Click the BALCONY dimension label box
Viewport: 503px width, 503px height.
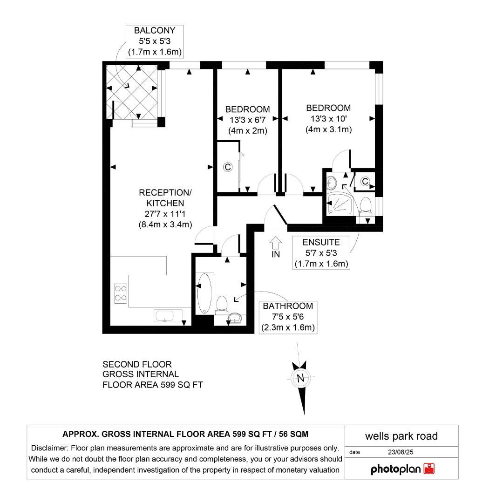pyautogui.click(x=155, y=41)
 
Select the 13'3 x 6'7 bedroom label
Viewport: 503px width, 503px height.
pyautogui.click(x=247, y=120)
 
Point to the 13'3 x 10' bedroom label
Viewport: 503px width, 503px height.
pyautogui.click(x=328, y=119)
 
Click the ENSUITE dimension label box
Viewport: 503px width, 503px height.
pyautogui.click(x=321, y=253)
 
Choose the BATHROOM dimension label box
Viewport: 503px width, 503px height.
pyautogui.click(x=287, y=317)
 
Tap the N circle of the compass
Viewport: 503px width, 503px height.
pyautogui.click(x=300, y=378)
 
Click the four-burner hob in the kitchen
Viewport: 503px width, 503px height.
pyautogui.click(x=121, y=293)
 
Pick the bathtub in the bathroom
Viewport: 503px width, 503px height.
pyautogui.click(x=204, y=293)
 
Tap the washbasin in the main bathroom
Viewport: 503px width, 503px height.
pyautogui.click(x=235, y=318)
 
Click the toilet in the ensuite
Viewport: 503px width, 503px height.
pyautogui.click(x=366, y=205)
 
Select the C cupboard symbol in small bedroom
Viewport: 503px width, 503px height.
pyautogui.click(x=228, y=167)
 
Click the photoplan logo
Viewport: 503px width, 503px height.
pyautogui.click(x=402, y=469)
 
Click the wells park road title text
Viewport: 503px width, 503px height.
pyautogui.click(x=401, y=436)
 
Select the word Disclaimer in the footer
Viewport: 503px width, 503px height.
pyautogui.click(x=49, y=448)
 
